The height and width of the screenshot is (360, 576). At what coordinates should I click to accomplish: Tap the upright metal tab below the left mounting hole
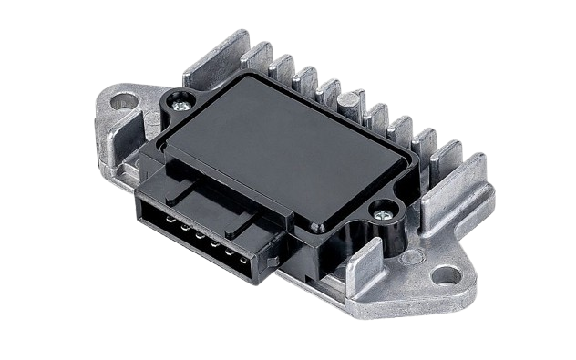coord(128,155)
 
